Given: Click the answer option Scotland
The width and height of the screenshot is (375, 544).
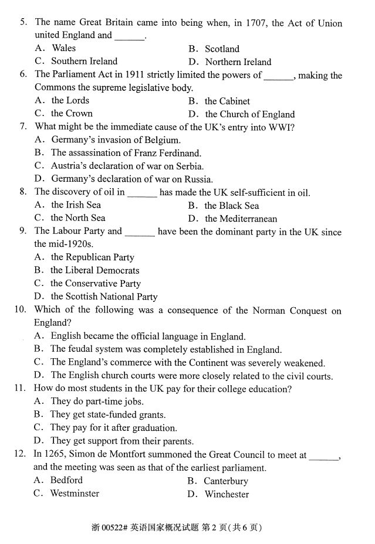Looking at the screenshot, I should pos(222,49).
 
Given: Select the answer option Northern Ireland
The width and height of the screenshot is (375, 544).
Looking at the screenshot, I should pos(238,62).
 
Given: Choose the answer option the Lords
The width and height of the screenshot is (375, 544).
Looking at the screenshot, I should pos(70,100).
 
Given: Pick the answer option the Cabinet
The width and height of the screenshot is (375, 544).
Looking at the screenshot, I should pos(227,101).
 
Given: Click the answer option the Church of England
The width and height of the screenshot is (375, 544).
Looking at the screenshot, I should pos(249,114).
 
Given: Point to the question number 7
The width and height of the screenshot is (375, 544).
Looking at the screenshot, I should pos(23,127).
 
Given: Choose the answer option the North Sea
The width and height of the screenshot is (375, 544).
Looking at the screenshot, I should pos(78,217).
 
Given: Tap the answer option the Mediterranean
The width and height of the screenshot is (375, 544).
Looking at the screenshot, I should pos(241,219).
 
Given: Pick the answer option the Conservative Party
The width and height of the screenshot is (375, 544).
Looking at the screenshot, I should pos(96,283).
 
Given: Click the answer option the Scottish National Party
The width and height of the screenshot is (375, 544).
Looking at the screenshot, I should pos(104,297).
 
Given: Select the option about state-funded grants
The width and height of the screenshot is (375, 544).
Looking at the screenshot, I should pos(108,414).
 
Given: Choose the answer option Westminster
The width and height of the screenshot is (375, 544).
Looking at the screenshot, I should pos(75,493).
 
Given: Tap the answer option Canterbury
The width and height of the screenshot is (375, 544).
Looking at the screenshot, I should pos(226,481).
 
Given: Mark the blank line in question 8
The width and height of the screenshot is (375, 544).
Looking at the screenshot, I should pos(142,192).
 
